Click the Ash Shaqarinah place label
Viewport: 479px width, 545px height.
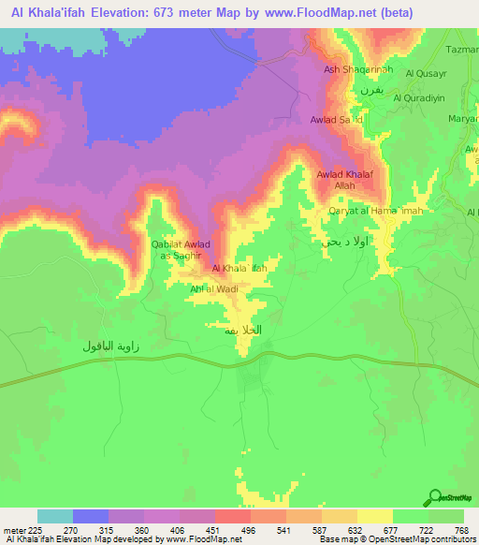[x=352, y=69]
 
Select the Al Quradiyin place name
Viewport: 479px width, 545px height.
[x=424, y=97]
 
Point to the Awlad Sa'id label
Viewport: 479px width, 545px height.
[x=337, y=120]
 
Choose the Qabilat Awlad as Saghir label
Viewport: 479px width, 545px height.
[x=180, y=249]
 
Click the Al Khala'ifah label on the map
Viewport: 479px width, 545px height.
[x=240, y=269]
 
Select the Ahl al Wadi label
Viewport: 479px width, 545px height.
[x=214, y=289]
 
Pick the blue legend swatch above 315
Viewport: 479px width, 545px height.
[x=91, y=516]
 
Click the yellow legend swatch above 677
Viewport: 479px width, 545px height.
[x=375, y=516]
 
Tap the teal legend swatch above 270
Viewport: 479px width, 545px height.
[x=55, y=516]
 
